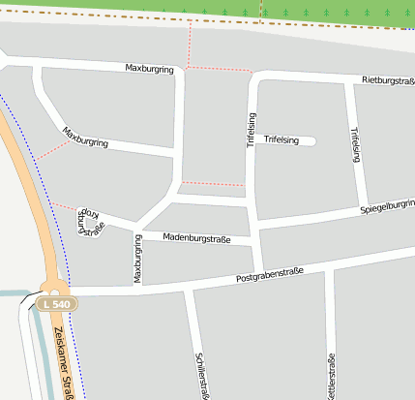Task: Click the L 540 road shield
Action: point(57,304)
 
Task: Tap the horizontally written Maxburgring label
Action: point(149,69)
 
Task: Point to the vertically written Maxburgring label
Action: point(137,260)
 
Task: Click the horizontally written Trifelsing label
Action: point(277,140)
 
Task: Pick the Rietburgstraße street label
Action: point(387,78)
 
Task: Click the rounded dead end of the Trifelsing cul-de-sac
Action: point(311,141)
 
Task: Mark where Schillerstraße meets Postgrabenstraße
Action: point(190,287)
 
